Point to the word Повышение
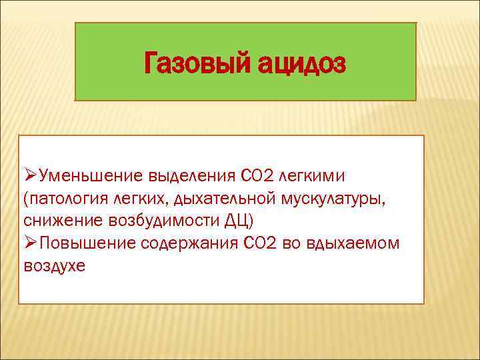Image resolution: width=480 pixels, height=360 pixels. pyautogui.click(x=87, y=243)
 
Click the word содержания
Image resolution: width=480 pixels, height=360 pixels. pyautogui.click(x=189, y=243)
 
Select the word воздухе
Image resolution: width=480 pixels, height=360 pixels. pyautogui.click(x=55, y=265)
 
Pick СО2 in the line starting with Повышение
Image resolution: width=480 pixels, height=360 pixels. pyautogui.click(x=259, y=243)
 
